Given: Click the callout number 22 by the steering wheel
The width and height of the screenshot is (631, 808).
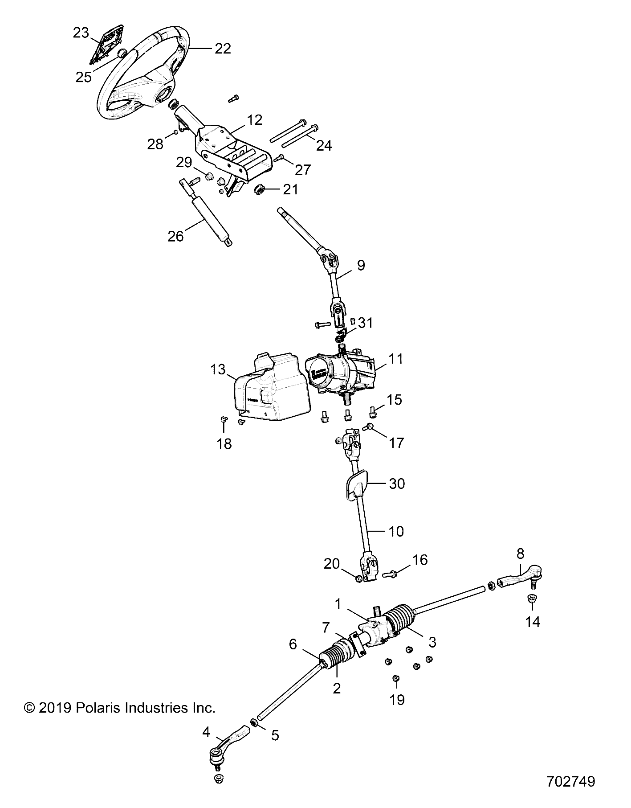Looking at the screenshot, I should pyautogui.click(x=223, y=49).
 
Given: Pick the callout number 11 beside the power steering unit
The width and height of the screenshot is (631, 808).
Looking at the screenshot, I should pyautogui.click(x=395, y=359).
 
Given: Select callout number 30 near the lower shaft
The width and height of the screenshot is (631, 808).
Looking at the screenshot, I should pyautogui.click(x=397, y=484).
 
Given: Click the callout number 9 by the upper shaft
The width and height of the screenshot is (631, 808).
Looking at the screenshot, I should pyautogui.click(x=361, y=265).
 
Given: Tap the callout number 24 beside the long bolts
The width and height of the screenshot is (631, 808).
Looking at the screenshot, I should pyautogui.click(x=324, y=145).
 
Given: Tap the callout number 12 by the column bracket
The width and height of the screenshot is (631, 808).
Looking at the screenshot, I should pyautogui.click(x=255, y=119).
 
